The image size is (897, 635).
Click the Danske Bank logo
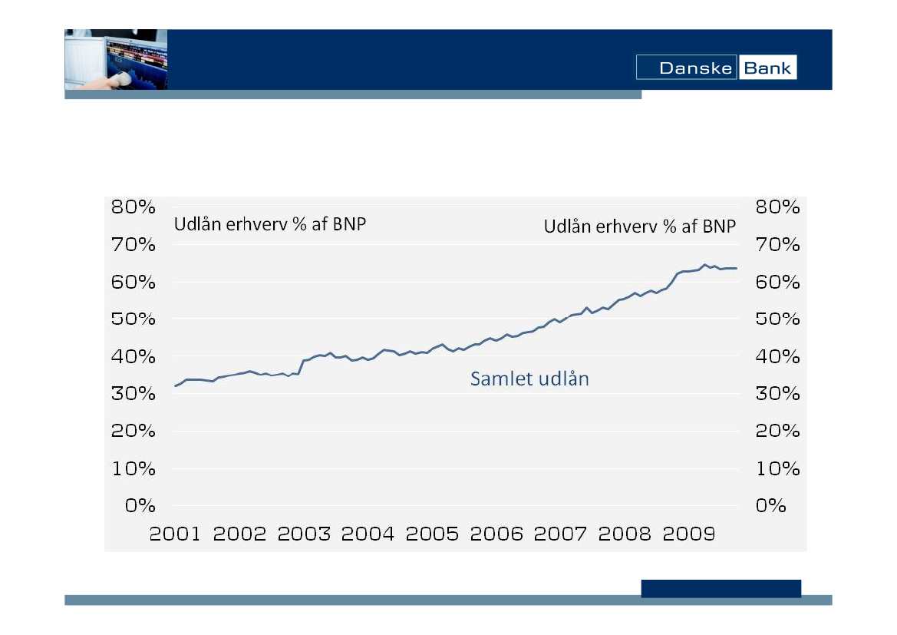(x=716, y=68)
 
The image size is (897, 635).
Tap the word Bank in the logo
(x=767, y=68)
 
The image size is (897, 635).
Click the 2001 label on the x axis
(x=175, y=534)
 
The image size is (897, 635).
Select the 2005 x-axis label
(x=431, y=534)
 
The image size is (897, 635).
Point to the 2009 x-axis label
(x=688, y=534)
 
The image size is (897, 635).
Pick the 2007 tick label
(x=560, y=534)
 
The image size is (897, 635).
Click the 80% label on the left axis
(x=134, y=207)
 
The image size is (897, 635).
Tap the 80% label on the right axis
(x=778, y=207)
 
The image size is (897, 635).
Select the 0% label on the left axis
(x=140, y=505)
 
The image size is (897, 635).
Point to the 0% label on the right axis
(x=771, y=505)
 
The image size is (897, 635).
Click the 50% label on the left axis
(x=134, y=319)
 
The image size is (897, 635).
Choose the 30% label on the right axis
(x=778, y=393)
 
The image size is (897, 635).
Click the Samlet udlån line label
(x=529, y=379)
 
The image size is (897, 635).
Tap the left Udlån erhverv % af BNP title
(x=270, y=226)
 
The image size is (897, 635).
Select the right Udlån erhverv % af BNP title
(x=640, y=227)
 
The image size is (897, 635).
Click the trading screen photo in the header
(x=116, y=60)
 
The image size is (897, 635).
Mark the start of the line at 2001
(x=175, y=385)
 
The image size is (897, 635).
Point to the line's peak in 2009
(x=704, y=265)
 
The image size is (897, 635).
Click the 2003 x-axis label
(x=303, y=534)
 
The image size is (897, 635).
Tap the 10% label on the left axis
(x=134, y=468)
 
